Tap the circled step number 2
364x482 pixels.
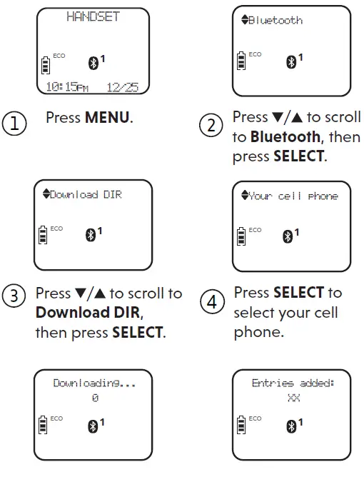pyautogui.click(x=211, y=126)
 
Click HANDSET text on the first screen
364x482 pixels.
pyautogui.click(x=93, y=16)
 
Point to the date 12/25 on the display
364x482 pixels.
pyautogui.click(x=122, y=87)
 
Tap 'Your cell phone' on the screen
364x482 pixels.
pyautogui.click(x=293, y=196)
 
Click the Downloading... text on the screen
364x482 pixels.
pyautogui.click(x=94, y=383)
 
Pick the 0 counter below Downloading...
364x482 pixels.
pyautogui.click(x=94, y=398)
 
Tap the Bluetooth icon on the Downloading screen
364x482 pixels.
pyautogui.click(x=92, y=426)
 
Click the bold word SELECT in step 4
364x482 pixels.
pyautogui.click(x=298, y=293)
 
